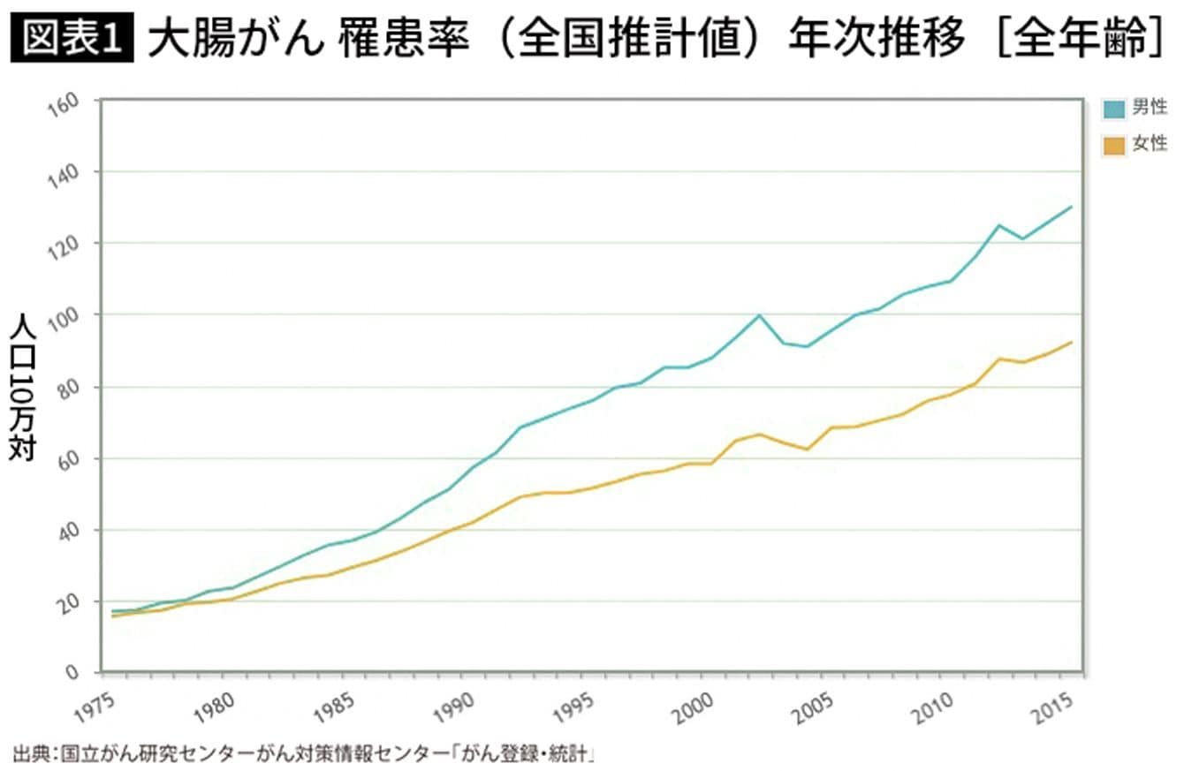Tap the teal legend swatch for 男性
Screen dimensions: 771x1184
[x=1114, y=109]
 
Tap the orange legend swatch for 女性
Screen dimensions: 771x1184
[x=1114, y=145]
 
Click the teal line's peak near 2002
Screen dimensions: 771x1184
[x=759, y=315]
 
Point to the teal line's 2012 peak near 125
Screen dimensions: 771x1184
[x=999, y=225]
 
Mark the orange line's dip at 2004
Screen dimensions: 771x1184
[x=807, y=450]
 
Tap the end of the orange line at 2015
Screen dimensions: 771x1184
[x=1072, y=342]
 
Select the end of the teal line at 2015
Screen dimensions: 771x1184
[x=1072, y=207]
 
